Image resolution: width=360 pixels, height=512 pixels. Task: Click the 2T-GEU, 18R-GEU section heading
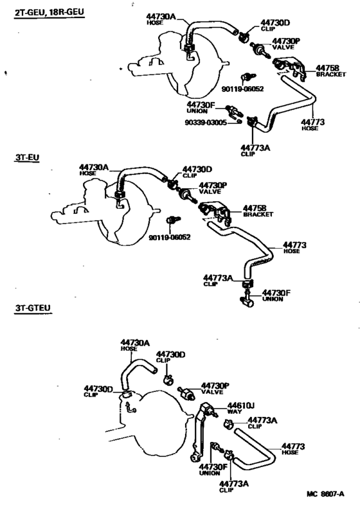(50, 13)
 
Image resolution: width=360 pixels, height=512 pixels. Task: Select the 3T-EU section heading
(27, 157)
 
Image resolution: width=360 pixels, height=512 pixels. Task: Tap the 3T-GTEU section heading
(33, 308)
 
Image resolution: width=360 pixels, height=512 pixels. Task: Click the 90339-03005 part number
(206, 123)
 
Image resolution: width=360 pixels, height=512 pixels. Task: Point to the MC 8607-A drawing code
(325, 494)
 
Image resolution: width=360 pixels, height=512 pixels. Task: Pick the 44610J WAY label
(241, 408)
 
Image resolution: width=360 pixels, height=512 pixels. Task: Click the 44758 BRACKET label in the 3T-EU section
(258, 211)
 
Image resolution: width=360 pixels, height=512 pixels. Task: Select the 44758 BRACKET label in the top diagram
(330, 71)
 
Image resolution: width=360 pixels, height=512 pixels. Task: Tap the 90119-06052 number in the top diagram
(243, 89)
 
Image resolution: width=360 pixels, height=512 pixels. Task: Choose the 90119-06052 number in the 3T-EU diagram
(170, 238)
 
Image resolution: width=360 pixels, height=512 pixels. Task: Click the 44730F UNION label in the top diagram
(201, 107)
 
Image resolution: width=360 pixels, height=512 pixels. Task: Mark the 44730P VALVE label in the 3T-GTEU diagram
(215, 389)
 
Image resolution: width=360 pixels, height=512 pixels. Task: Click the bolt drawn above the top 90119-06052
(248, 77)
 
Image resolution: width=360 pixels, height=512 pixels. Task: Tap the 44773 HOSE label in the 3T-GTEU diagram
(293, 449)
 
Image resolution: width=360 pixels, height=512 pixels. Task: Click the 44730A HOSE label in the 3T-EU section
(94, 170)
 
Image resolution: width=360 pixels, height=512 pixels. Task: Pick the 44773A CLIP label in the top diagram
(255, 150)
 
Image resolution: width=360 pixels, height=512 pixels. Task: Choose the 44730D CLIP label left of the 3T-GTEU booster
(98, 391)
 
